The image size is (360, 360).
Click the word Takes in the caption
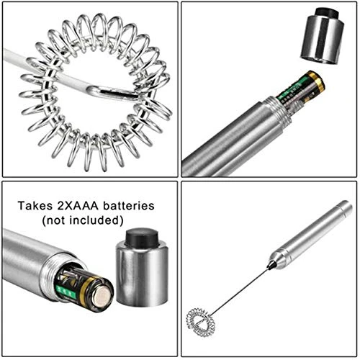click(35, 206)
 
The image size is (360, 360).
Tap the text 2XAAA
click(78, 206)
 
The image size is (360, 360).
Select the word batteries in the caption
click(129, 206)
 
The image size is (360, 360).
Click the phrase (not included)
click(83, 220)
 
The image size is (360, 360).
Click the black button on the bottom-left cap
click(142, 238)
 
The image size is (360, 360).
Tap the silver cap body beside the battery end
click(142, 276)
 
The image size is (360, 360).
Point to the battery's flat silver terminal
click(104, 297)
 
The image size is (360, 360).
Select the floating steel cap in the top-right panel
click(322, 36)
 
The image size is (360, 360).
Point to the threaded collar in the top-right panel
click(278, 111)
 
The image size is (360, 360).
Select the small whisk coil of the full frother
click(201, 322)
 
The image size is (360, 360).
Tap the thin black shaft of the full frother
click(240, 291)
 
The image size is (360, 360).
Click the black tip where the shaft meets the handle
click(271, 264)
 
